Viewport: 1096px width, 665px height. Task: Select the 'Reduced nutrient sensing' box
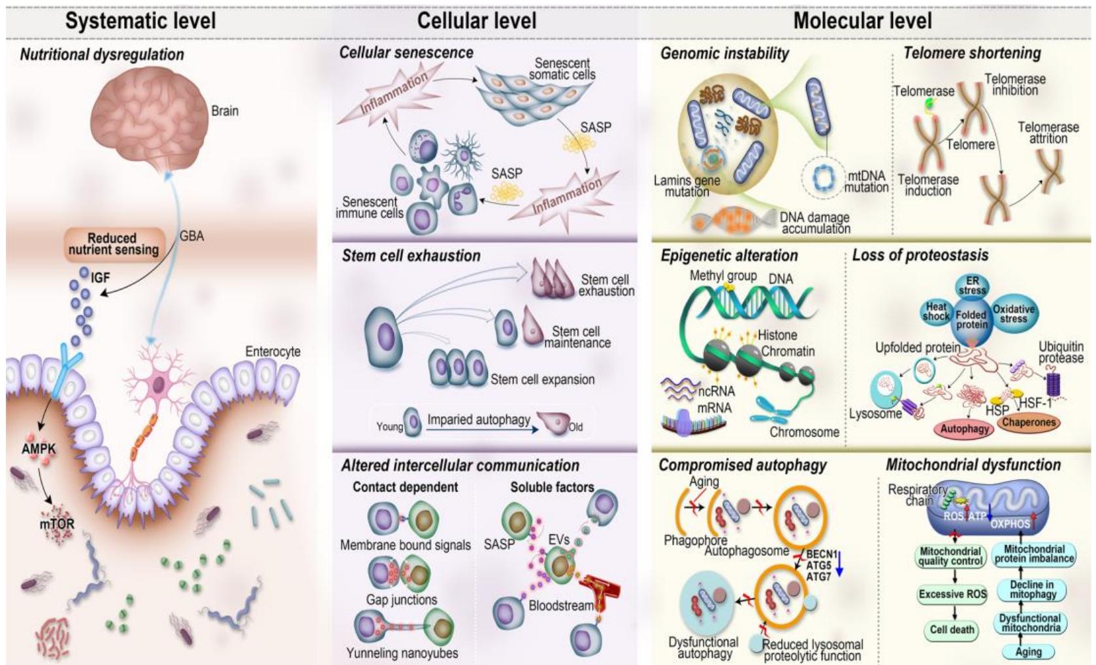point(114,244)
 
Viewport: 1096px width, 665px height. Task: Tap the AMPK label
point(39,449)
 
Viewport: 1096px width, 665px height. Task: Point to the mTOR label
point(57,523)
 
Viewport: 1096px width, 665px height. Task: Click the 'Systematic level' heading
point(140,20)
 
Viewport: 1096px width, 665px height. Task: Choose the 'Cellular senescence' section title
point(406,52)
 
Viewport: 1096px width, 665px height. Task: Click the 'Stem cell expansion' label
point(542,380)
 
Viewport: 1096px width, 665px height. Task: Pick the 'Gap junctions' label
point(401,600)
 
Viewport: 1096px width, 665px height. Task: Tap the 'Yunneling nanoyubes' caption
point(402,653)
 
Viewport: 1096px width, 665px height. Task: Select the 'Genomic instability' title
point(724,53)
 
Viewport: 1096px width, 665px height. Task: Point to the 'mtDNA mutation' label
point(866,182)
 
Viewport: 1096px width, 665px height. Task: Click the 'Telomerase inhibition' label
point(1014,85)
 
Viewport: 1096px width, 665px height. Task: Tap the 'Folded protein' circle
point(971,319)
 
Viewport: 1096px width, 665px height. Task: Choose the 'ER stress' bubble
point(972,285)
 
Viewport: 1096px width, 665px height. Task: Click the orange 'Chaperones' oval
point(1028,423)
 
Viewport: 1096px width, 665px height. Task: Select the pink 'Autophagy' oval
point(964,429)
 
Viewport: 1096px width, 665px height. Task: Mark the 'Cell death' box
point(952,630)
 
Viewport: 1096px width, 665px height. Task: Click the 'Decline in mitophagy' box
point(1032,589)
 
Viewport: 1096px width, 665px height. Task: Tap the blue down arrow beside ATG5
point(840,564)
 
